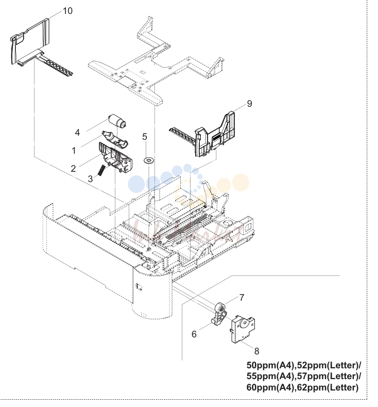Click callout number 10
click(x=67, y=11)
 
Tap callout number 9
click(x=249, y=104)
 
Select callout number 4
click(x=77, y=133)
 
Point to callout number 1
click(x=74, y=151)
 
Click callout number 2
click(x=73, y=169)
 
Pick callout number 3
click(x=90, y=178)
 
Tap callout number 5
click(x=145, y=137)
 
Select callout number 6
click(x=194, y=334)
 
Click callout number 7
click(x=242, y=298)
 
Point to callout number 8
click(x=256, y=351)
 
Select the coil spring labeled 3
click(x=101, y=170)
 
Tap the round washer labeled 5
click(x=149, y=160)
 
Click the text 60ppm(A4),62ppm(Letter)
click(x=302, y=387)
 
